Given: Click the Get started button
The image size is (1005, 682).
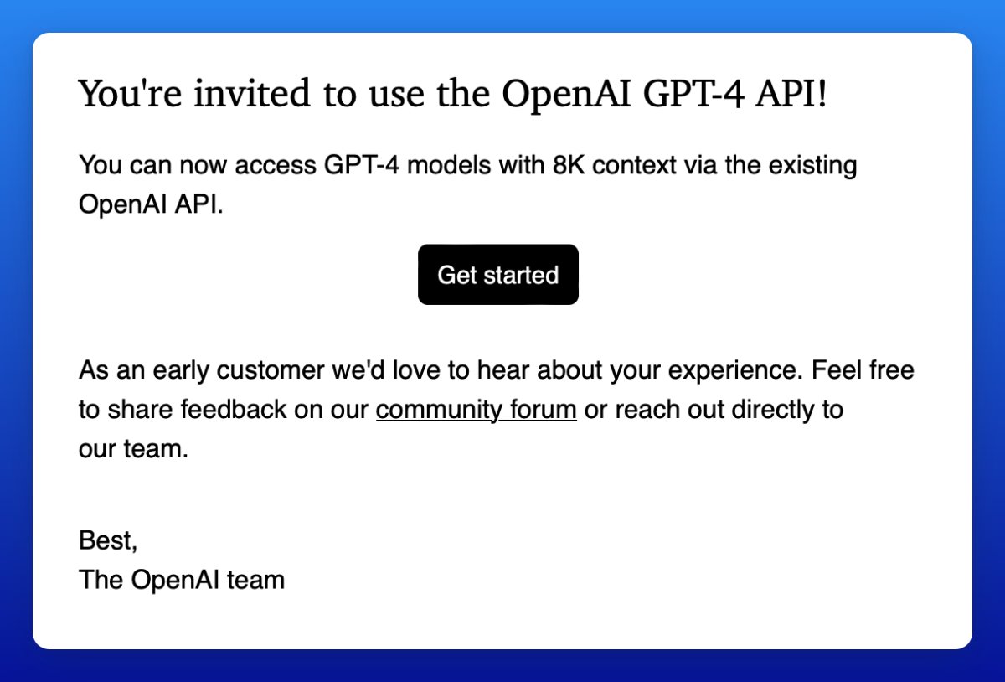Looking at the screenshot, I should [x=497, y=275].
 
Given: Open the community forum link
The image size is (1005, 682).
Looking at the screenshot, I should [x=476, y=411].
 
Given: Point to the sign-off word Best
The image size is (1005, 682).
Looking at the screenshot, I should [x=107, y=540].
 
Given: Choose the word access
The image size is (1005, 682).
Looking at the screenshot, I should [x=276, y=165].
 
